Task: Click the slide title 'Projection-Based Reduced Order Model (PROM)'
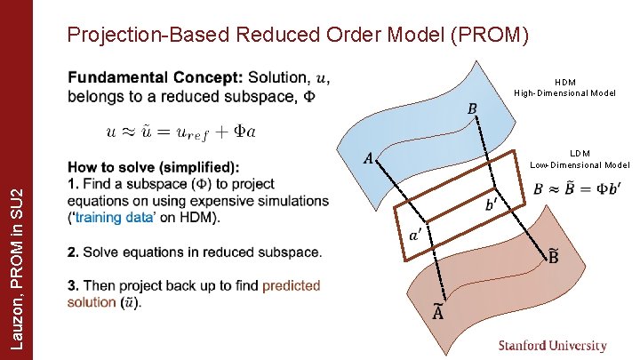tap(299, 36)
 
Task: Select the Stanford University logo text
tap(552, 346)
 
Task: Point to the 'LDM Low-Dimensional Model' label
tap(580, 158)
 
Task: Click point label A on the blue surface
tap(368, 158)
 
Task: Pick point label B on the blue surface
tap(472, 108)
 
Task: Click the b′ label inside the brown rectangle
tap(492, 204)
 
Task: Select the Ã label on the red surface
tap(414, 312)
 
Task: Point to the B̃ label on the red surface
tap(553, 257)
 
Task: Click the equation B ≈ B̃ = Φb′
tap(577, 188)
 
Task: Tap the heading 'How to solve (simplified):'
tap(153, 167)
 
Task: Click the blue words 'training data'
tap(112, 218)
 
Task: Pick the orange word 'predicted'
tap(291, 285)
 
